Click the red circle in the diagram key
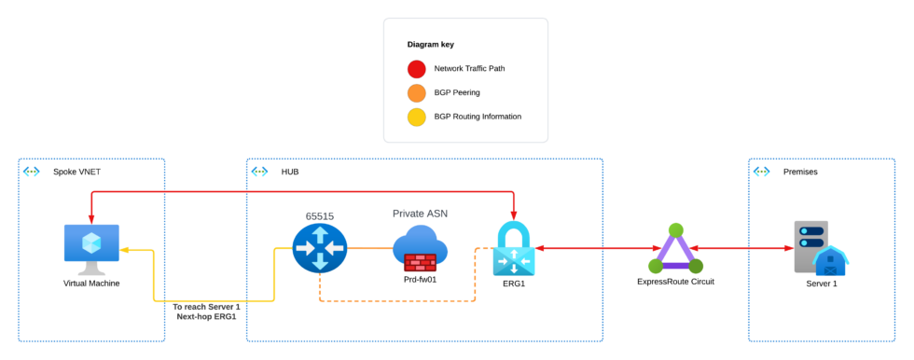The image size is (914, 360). (x=417, y=69)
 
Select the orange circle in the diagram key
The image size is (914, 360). (x=417, y=93)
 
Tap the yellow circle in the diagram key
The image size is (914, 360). (x=417, y=117)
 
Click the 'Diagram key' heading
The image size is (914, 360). (x=431, y=44)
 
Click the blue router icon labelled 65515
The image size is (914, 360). (x=319, y=248)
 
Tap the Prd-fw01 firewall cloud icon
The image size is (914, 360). (x=420, y=249)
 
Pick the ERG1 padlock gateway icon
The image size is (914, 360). (x=513, y=249)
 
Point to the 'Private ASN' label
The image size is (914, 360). (x=420, y=214)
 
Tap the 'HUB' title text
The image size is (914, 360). (x=289, y=172)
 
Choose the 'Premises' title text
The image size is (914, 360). (x=800, y=172)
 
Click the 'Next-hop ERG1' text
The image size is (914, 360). (x=206, y=317)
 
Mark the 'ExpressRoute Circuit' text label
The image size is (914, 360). (x=676, y=281)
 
